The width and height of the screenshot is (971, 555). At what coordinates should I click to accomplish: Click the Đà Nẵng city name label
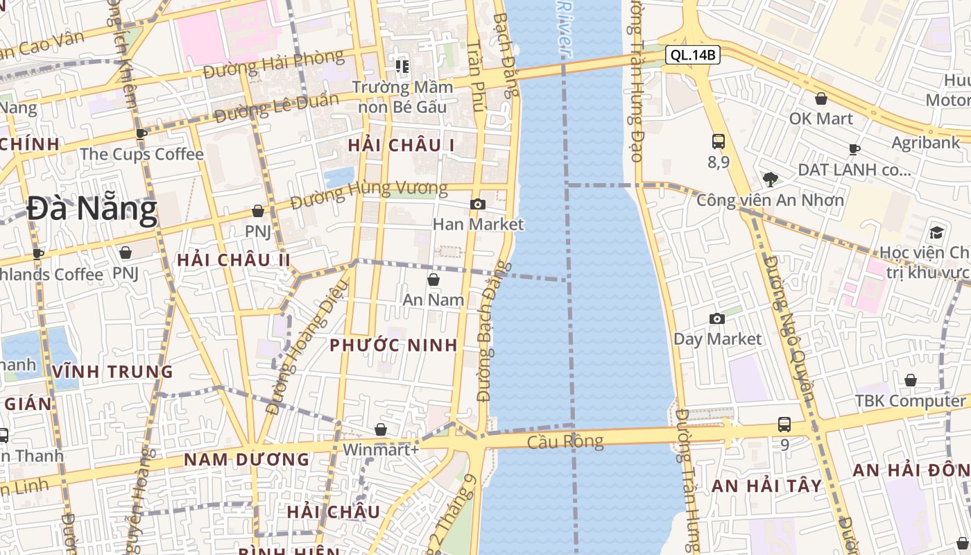pos(92,210)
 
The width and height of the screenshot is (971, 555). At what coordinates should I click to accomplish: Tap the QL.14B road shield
pos(692,55)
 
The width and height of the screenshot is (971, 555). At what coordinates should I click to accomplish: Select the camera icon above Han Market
pos(478,204)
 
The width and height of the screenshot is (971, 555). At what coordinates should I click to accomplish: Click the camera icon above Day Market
pos(717,318)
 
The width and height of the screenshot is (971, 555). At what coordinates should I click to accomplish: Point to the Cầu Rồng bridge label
pos(565,442)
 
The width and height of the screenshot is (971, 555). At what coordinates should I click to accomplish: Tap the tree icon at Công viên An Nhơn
pos(770,180)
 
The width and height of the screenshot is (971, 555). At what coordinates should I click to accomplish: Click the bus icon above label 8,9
pos(719,142)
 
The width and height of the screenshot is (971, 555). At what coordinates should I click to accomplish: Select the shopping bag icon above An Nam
pos(433,280)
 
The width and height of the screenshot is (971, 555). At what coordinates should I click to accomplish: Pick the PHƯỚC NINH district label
pos(393,345)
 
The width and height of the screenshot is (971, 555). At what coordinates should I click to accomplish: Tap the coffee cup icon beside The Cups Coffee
pos(141,135)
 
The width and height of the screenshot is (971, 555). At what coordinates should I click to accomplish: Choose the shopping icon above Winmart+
pos(380,429)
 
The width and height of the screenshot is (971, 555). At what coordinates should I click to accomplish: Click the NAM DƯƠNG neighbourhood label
pos(246,459)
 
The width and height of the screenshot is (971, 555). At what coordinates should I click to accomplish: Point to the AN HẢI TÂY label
pos(766,486)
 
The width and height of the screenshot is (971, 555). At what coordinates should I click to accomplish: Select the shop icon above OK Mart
pos(821,99)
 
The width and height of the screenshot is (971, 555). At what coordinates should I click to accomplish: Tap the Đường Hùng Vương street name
pos(369,195)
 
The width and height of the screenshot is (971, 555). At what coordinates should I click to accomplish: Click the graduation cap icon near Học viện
pos(937,232)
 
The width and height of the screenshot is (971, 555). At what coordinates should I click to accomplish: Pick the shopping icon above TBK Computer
pos(911,380)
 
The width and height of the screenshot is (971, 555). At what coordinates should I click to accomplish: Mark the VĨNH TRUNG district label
pos(112,372)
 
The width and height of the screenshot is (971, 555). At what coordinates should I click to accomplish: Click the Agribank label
pos(925,143)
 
